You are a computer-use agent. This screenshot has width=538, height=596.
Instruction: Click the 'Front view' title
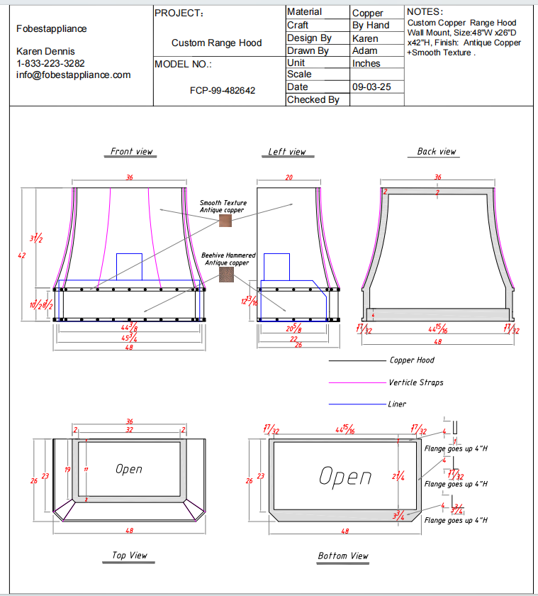click(131, 151)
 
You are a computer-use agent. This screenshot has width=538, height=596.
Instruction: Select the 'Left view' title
click(286, 151)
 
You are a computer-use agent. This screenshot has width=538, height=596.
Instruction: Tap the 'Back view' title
click(436, 151)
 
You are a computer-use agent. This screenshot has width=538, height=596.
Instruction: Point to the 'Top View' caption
click(129, 555)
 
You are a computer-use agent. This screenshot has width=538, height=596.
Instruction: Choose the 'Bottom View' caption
click(343, 556)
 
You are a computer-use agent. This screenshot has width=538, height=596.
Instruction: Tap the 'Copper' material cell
click(367, 13)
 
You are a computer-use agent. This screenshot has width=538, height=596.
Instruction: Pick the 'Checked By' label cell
click(313, 99)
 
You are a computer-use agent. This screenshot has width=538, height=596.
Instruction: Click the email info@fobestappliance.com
click(74, 74)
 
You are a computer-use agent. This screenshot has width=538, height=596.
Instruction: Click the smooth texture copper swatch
click(225, 221)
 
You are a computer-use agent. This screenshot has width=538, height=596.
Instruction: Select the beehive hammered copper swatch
click(226, 275)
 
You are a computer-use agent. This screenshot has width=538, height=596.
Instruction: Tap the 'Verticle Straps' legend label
click(415, 382)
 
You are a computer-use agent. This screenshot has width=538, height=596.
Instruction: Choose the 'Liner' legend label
click(398, 404)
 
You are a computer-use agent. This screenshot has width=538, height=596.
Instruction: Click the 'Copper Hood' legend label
click(412, 360)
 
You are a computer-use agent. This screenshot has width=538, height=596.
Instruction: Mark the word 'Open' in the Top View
click(129, 469)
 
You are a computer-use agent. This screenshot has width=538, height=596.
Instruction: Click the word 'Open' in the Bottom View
click(345, 477)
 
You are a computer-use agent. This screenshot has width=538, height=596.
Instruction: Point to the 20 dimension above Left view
click(288, 177)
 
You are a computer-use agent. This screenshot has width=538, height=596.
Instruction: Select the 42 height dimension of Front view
click(21, 255)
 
